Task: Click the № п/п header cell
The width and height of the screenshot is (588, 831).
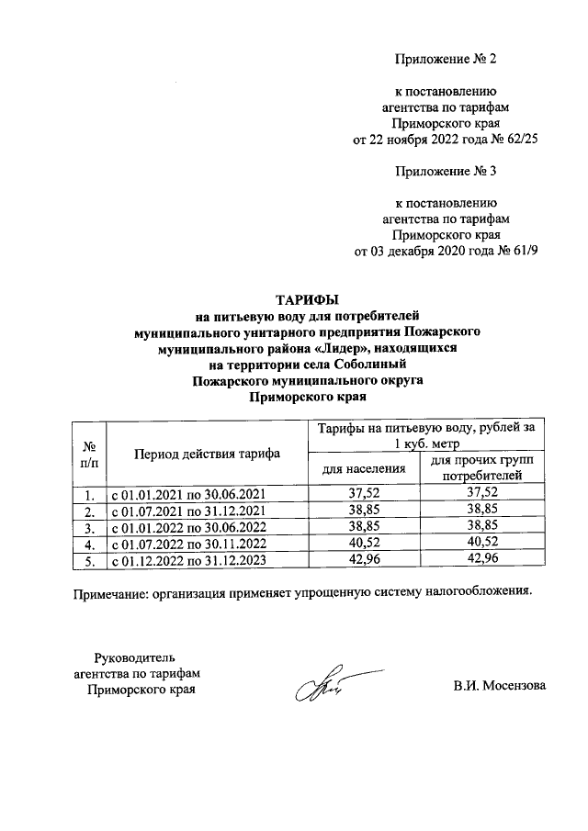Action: pos(90,454)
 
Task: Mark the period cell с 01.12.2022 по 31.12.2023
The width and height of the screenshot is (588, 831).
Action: pos(188,559)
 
